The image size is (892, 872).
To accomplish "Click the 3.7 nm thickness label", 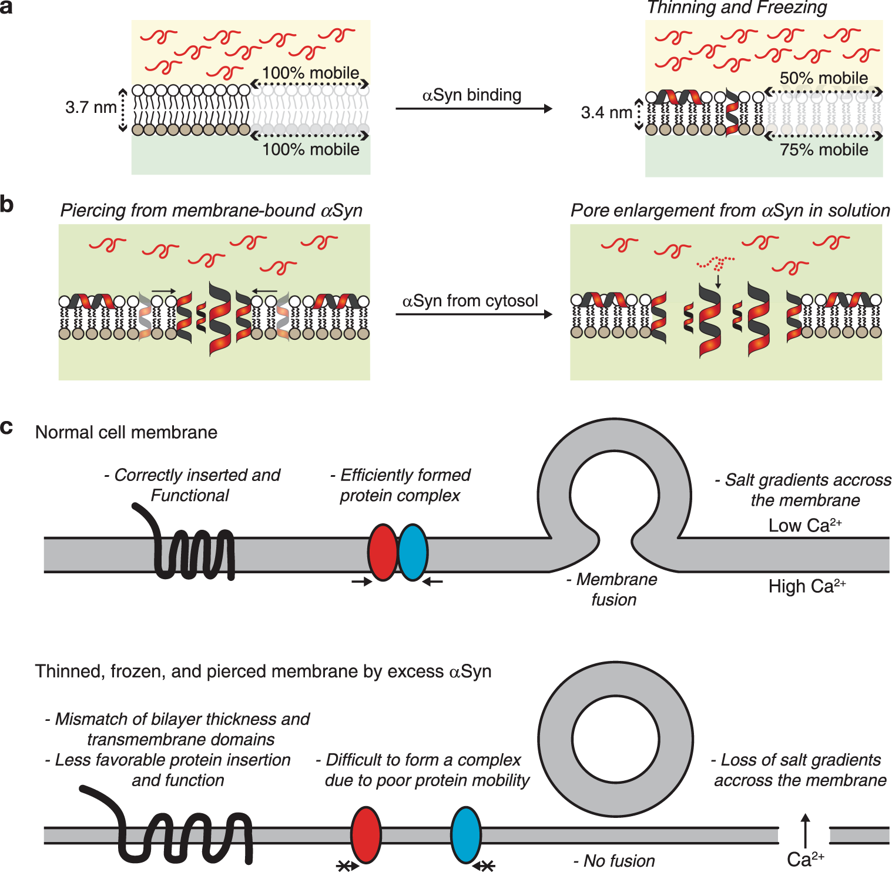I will click(x=90, y=108).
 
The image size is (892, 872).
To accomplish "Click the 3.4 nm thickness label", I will click(x=606, y=113).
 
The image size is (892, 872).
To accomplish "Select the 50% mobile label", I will click(x=823, y=78).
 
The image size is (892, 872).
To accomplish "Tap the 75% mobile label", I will click(x=823, y=150).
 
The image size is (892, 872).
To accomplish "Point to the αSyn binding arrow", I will click(x=474, y=109).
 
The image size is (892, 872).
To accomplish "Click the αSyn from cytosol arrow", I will click(x=474, y=315).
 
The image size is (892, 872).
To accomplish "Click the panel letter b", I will click(x=7, y=205).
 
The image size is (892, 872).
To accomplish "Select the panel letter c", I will click(x=6, y=427).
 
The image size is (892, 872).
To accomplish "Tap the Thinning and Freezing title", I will click(x=736, y=8).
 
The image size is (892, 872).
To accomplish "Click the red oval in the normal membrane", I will click(x=383, y=552).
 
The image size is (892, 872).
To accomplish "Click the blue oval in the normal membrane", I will click(x=413, y=552).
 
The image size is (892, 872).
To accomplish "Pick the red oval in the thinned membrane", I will click(x=365, y=835).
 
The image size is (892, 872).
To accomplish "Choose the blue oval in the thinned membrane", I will click(x=466, y=835).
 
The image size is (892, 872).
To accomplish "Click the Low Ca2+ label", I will click(x=804, y=525).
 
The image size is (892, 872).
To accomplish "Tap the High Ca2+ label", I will click(x=806, y=586).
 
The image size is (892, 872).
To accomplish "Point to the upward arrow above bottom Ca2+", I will click(x=805, y=830).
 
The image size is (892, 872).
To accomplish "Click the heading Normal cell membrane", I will click(x=126, y=433).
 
